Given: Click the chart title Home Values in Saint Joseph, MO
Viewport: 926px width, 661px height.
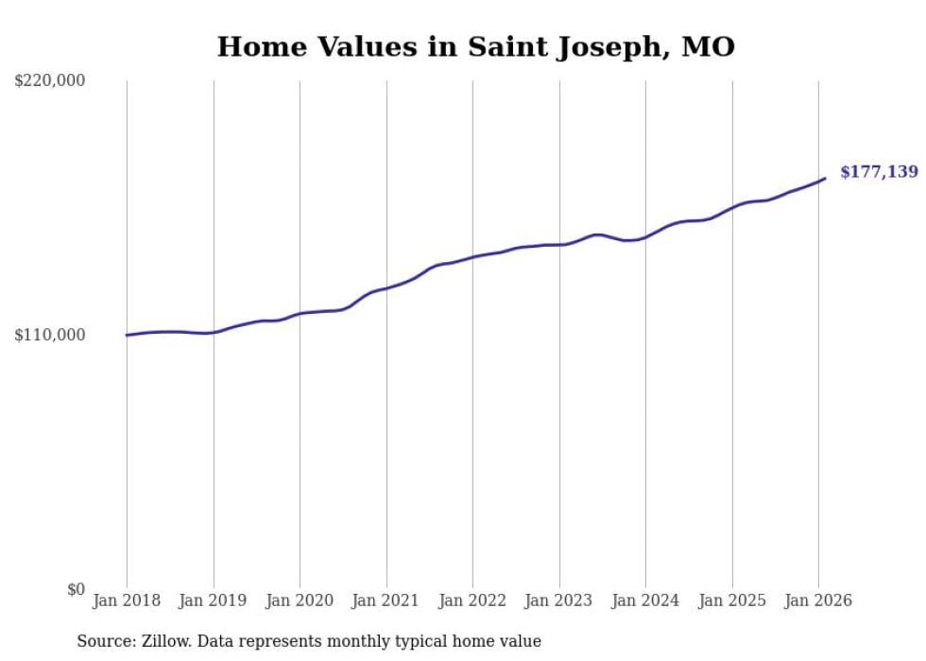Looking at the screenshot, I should click(x=475, y=45).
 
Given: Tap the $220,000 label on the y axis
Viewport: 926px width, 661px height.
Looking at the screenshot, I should click(x=50, y=81).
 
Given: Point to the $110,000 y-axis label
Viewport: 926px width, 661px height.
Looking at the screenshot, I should click(x=50, y=335).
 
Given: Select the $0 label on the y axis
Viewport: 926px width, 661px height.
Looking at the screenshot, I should click(x=76, y=589).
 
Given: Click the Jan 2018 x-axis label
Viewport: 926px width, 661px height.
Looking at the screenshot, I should click(x=127, y=600).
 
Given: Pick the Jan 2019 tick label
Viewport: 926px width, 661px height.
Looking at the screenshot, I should click(x=213, y=600).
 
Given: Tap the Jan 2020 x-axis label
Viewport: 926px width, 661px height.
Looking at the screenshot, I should click(x=300, y=600).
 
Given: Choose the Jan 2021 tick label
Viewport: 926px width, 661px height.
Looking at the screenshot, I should click(x=386, y=600).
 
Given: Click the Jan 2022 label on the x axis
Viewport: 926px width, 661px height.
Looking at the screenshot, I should click(x=472, y=600).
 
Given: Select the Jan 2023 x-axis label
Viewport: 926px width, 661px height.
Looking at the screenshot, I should click(x=558, y=600).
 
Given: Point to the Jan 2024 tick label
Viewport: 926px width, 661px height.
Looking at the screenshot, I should click(x=645, y=600).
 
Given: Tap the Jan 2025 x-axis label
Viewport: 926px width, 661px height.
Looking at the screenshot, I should click(x=731, y=600).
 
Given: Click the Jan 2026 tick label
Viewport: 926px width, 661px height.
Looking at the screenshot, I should click(x=818, y=600).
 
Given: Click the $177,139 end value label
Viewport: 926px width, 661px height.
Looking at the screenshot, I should click(x=879, y=172).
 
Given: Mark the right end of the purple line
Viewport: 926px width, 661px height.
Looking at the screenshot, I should click(x=825, y=178).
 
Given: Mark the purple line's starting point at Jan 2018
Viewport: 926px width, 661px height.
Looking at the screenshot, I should click(x=127, y=335).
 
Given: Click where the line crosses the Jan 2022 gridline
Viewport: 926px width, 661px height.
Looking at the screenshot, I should click(x=472, y=256).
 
